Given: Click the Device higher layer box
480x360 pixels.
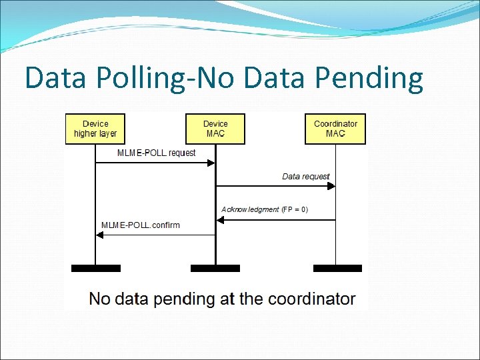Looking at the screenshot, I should pyautogui.click(x=95, y=129).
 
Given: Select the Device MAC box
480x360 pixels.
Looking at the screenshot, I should pyautogui.click(x=215, y=129).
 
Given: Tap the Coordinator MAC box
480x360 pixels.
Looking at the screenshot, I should pyautogui.click(x=335, y=129).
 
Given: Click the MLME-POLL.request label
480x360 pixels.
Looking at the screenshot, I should pyautogui.click(x=157, y=153).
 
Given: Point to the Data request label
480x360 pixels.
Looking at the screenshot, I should pyautogui.click(x=306, y=177).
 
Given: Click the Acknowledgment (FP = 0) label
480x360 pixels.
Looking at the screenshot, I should pyautogui.click(x=265, y=209).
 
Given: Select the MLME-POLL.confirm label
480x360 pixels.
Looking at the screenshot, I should pyautogui.click(x=141, y=225).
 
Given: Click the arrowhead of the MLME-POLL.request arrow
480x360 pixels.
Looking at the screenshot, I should pyautogui.click(x=211, y=163).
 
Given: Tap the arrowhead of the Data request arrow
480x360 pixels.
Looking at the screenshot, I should pyautogui.click(x=331, y=187).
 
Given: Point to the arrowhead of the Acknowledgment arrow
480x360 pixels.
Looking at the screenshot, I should pyautogui.click(x=220, y=220).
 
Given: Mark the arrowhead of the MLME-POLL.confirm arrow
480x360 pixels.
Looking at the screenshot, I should pyautogui.click(x=100, y=235).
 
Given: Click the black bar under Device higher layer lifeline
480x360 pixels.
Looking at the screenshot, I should pyautogui.click(x=96, y=268).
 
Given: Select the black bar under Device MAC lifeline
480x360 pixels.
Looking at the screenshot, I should pyautogui.click(x=215, y=268).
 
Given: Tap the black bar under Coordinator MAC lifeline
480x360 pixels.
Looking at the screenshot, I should pyautogui.click(x=337, y=268).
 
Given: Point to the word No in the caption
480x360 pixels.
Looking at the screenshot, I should pyautogui.click(x=100, y=299).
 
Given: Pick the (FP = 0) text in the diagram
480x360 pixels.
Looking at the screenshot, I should pyautogui.click(x=295, y=209).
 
